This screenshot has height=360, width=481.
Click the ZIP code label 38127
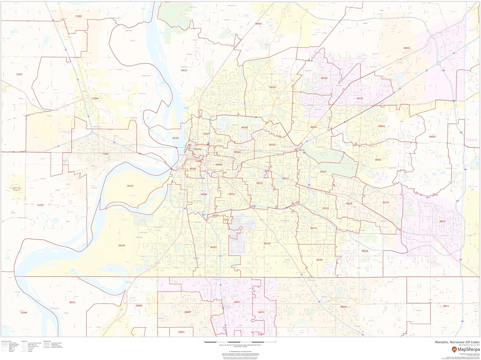click(184, 70)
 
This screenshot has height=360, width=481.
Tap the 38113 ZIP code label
click(130, 186)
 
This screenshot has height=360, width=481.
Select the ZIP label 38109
click(122, 245)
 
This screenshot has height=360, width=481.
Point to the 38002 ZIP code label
click(407, 48)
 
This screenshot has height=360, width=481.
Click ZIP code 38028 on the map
click(432, 137)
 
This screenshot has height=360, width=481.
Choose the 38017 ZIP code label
click(443, 221)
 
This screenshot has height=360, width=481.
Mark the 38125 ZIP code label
click(365, 251)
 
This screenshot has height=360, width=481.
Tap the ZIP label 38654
click(343, 307)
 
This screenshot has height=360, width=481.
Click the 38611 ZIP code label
click(446, 306)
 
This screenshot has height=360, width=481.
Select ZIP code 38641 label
click(72, 302)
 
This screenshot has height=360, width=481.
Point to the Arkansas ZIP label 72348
click(24, 313)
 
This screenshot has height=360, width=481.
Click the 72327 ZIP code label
click(19, 74)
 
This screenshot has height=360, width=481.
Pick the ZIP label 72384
click(79, 16)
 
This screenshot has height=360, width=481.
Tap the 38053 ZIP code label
click(258, 24)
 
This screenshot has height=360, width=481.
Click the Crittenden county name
click(67, 132)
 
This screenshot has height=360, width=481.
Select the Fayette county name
click(471, 140)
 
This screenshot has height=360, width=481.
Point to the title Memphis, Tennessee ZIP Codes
click(457, 342)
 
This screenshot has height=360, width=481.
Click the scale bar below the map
click(240, 341)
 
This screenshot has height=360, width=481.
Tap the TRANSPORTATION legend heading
click(6, 341)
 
